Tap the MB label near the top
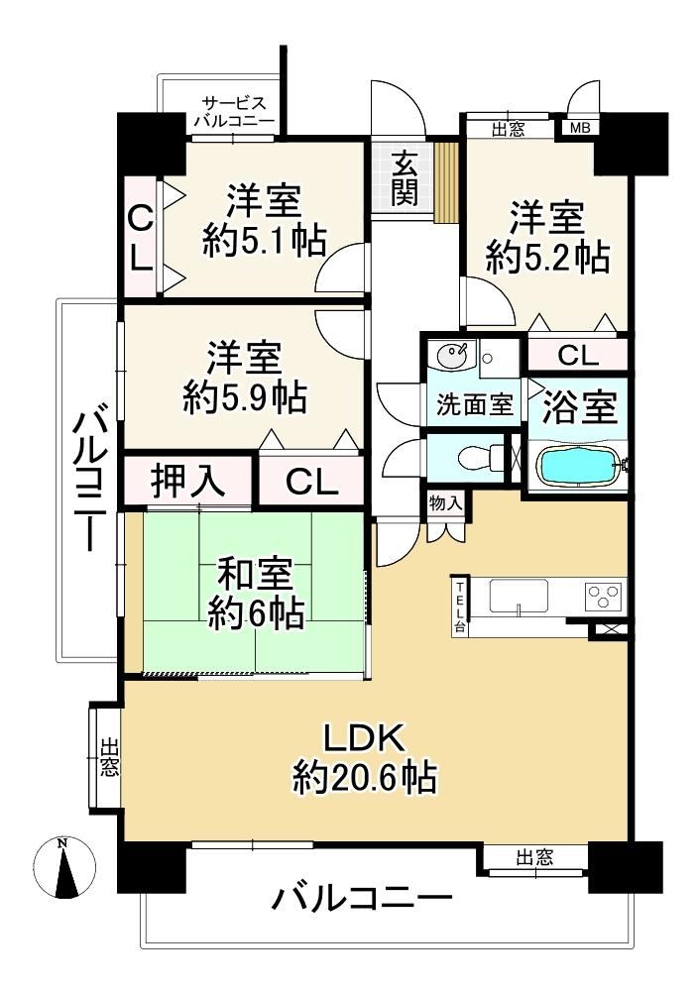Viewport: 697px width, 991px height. [580, 128]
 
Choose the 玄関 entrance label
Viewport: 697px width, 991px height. [403, 178]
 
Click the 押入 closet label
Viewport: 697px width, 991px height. [187, 481]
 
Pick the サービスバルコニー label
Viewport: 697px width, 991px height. [234, 113]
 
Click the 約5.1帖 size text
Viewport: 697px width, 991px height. [265, 240]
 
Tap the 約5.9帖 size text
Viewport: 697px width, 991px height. [246, 397]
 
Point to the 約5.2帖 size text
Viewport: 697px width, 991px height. [547, 257]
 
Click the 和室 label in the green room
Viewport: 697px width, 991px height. [256, 575]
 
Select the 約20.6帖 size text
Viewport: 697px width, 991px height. [364, 776]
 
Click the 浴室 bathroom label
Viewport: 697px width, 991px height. [580, 407]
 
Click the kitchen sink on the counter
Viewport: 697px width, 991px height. [520, 597]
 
